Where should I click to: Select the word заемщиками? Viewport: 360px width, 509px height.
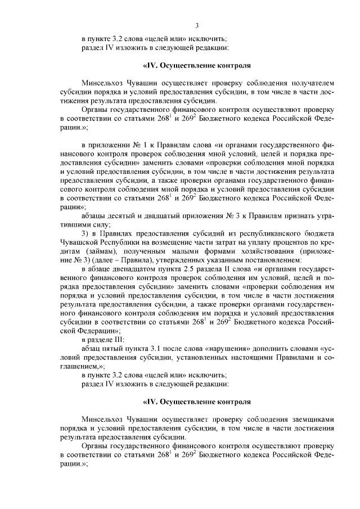coord(311,419)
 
